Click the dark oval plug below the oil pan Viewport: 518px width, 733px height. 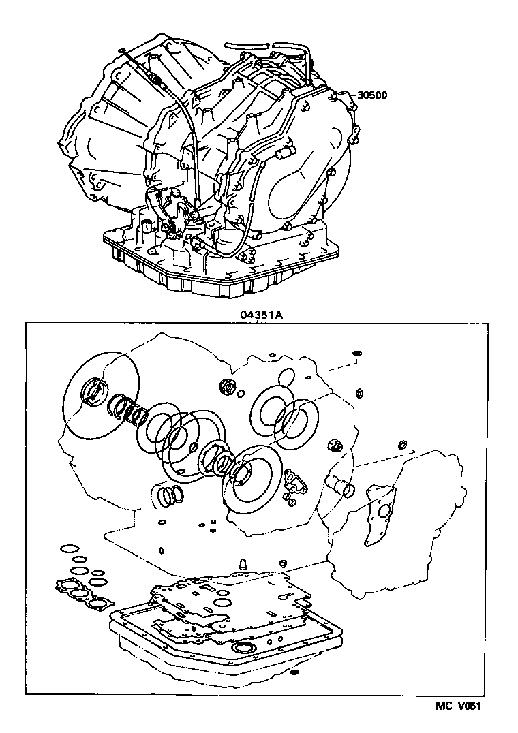coord(294,673)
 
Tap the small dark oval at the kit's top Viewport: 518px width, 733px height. coord(356,354)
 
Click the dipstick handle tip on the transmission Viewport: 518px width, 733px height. coord(121,50)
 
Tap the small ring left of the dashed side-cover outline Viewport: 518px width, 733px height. coord(402,445)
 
